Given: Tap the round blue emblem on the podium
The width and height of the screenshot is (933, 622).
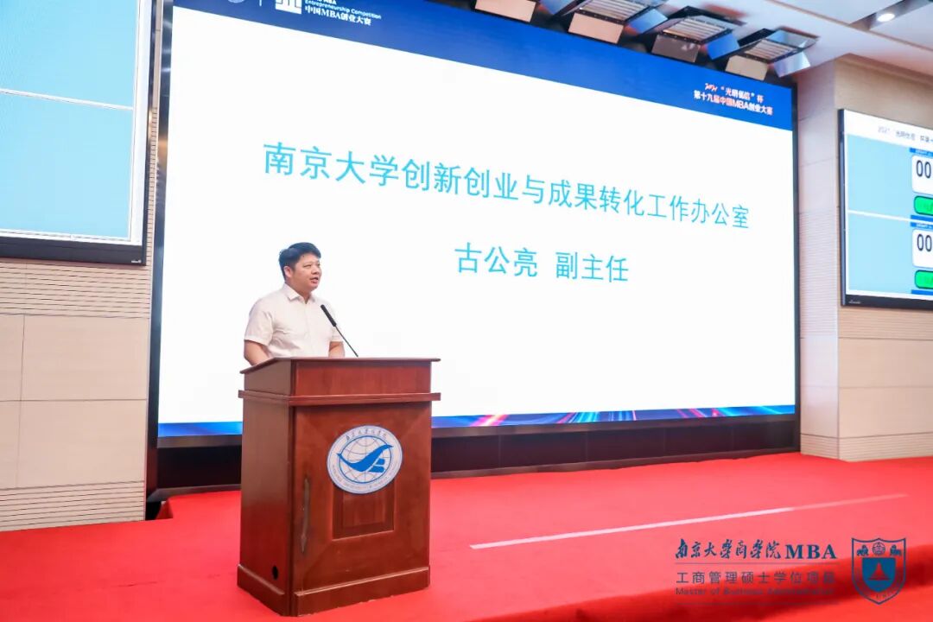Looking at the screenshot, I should [x=364, y=459].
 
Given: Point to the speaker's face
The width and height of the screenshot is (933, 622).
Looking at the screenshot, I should [x=303, y=271].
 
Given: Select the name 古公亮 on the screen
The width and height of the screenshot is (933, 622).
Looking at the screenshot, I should [x=496, y=261].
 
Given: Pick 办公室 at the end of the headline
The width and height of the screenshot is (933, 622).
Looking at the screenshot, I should [x=712, y=210].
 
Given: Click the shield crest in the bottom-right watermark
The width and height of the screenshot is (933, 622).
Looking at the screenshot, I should [x=878, y=569].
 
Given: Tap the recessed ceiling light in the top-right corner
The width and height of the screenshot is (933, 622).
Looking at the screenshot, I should [x=886, y=16].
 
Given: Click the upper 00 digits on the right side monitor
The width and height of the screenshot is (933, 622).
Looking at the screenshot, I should [x=923, y=169].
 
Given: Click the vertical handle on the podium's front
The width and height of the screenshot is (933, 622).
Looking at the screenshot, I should [x=305, y=515].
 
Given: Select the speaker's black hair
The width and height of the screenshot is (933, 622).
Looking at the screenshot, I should [x=299, y=251].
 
